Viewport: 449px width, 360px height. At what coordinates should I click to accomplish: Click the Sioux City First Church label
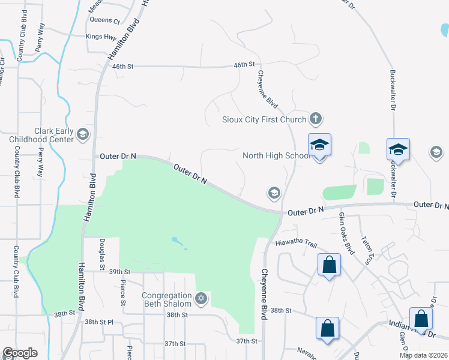[x=264, y=119]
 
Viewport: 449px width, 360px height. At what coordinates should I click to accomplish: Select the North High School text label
[x=276, y=156]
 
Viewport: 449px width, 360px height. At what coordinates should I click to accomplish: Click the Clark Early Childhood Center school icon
[x=83, y=134]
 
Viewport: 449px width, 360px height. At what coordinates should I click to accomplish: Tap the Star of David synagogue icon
[x=201, y=298]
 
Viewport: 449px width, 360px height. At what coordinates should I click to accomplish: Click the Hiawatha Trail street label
[x=295, y=243]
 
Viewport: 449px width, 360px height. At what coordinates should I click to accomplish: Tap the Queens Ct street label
[x=104, y=20]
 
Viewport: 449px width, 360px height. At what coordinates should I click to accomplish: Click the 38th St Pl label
[x=98, y=322]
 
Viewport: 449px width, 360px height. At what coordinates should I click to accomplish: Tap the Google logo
[x=20, y=353]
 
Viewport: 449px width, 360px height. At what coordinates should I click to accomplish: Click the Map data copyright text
[x=423, y=355]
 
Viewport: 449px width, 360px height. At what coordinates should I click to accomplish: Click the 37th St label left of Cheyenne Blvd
[x=246, y=341]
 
